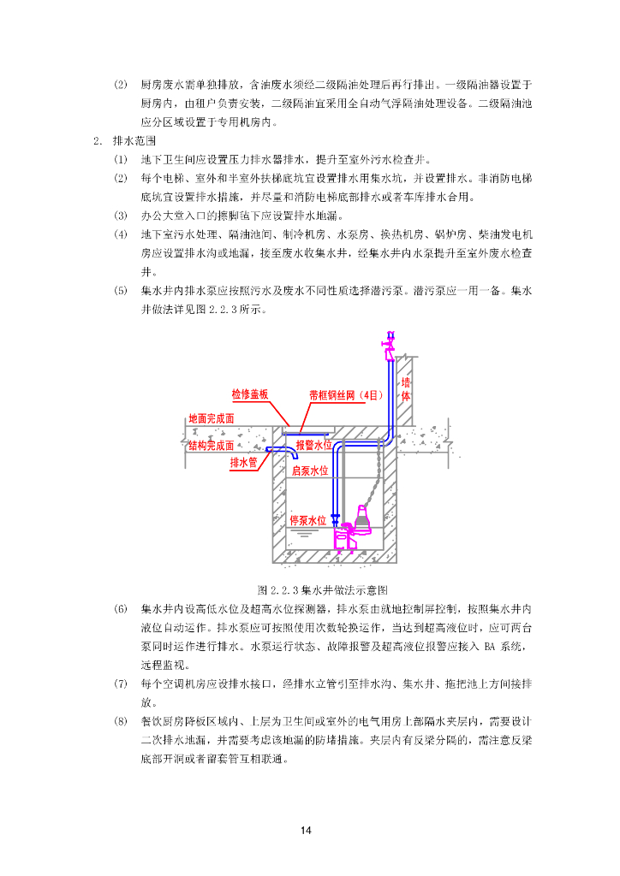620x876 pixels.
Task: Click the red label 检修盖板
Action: [x=250, y=394]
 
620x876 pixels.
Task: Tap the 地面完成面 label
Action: [x=211, y=419]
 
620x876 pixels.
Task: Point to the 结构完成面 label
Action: [x=211, y=446]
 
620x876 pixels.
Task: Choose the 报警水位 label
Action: [x=313, y=446]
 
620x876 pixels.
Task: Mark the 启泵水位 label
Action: [x=310, y=471]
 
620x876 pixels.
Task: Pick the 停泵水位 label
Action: [x=308, y=520]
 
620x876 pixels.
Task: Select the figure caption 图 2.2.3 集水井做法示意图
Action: [x=324, y=590]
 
